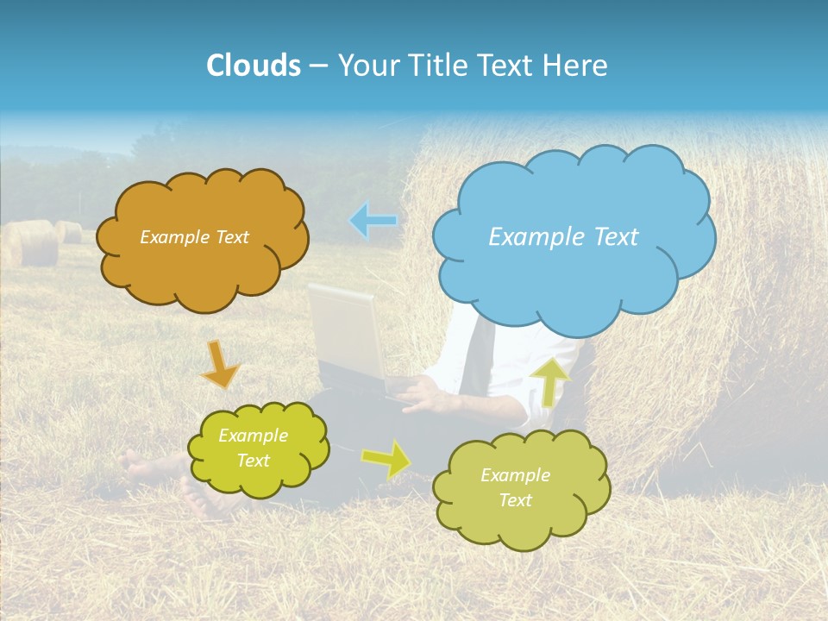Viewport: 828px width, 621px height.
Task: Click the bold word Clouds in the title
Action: tap(253, 66)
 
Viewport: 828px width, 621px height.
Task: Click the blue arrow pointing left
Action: tap(373, 221)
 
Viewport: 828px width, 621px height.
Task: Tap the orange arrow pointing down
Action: tap(220, 363)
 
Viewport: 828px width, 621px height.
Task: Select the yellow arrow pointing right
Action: tap(386, 459)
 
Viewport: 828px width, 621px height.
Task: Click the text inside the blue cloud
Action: tap(563, 237)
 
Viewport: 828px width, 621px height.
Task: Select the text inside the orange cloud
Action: tap(194, 237)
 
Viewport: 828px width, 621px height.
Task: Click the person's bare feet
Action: tap(147, 470)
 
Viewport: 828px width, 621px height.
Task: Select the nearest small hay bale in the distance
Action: tap(30, 243)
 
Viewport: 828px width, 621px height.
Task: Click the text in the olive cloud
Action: tap(515, 487)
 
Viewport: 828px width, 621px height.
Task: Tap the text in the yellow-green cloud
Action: tap(253, 448)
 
